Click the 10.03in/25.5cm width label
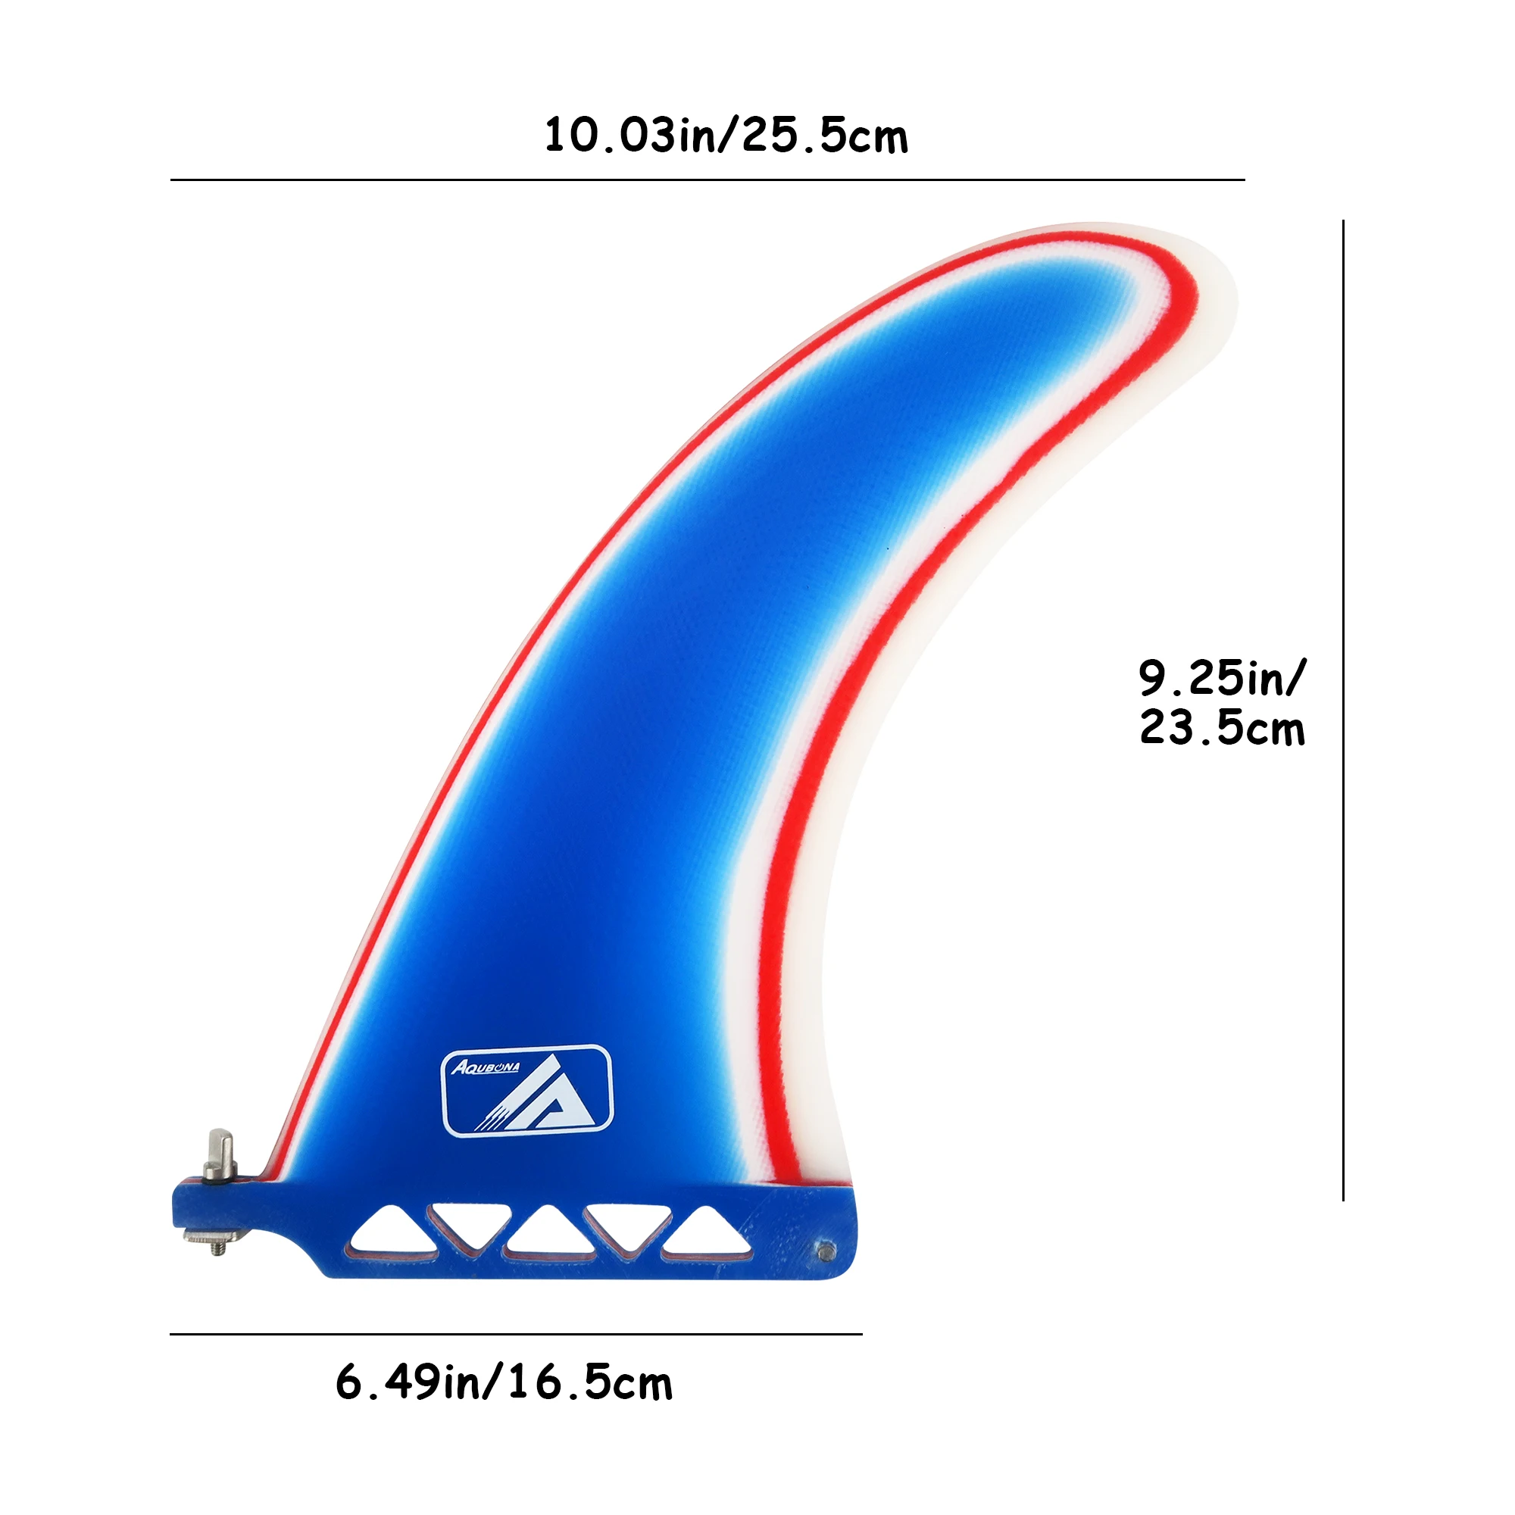726,136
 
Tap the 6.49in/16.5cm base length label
504,1382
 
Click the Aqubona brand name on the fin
485,1067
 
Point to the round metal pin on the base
826,1251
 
